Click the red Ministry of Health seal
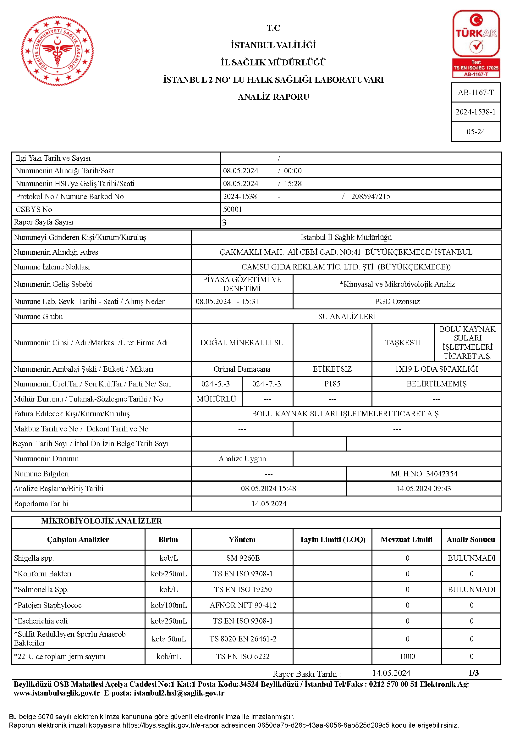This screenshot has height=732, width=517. click(58, 51)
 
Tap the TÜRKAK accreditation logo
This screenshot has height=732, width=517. click(476, 44)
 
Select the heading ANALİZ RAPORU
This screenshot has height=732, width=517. click(273, 97)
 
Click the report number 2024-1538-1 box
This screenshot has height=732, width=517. click(476, 112)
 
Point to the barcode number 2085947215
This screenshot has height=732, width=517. click(371, 197)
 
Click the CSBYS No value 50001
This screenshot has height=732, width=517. click(232, 209)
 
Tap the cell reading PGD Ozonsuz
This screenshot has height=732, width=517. click(397, 302)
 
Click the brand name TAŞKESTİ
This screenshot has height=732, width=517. click(403, 343)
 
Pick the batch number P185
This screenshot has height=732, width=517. click(332, 384)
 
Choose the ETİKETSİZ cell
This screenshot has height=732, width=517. click(332, 369)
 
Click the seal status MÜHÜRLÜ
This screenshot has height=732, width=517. click(217, 399)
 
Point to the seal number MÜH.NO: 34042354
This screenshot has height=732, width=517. click(424, 474)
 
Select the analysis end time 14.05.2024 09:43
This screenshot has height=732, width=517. click(423, 488)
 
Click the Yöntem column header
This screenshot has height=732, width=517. click(242, 540)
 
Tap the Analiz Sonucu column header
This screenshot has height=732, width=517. click(470, 540)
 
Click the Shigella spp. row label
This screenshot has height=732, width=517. click(34, 558)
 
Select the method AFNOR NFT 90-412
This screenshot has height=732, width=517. click(243, 605)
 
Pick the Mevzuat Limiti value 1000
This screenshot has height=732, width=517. click(407, 657)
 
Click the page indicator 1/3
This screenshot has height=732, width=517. click(473, 673)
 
